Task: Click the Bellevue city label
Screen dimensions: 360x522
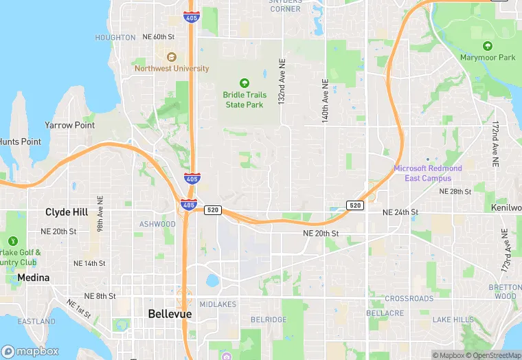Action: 170,314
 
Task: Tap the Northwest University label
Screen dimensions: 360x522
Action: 172,69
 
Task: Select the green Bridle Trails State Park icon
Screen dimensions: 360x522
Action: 244,83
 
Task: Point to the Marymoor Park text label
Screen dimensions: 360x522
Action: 488,58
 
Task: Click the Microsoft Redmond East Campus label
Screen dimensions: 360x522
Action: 428,173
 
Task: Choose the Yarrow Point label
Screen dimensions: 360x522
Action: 69,126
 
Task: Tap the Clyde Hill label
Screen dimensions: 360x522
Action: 67,212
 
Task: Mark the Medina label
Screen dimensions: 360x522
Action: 33,278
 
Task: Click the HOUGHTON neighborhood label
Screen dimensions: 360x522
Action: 115,38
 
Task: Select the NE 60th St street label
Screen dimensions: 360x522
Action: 159,36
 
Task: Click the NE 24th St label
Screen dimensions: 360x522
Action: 400,212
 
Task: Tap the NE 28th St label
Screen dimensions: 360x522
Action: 456,191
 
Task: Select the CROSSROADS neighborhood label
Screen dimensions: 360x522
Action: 409,299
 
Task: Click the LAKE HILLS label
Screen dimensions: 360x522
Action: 453,319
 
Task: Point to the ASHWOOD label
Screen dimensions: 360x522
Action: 157,224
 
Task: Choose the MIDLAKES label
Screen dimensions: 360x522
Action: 218,304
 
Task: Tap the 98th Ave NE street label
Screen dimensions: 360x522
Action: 100,212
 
